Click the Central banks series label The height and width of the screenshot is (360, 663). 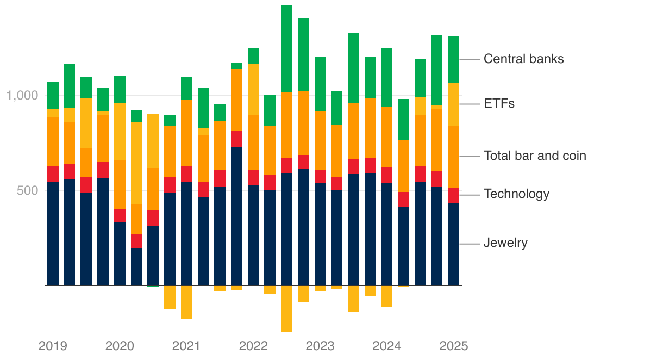point(523,59)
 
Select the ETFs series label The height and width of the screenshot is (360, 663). point(499,103)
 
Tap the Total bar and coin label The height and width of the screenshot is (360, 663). point(535,156)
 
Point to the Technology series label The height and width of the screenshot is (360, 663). point(516,194)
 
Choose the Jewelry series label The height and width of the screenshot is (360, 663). point(505,243)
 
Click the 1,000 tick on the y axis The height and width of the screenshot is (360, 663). point(22,96)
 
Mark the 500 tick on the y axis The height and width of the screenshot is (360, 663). point(28,190)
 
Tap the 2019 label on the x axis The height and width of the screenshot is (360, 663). point(53,346)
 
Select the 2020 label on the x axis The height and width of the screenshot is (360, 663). point(120,346)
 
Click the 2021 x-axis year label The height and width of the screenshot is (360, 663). point(186,346)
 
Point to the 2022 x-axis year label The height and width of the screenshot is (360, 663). point(253,346)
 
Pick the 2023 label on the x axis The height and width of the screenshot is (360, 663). point(320,346)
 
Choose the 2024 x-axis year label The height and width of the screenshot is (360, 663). point(387,346)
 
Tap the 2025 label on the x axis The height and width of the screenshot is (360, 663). point(454,346)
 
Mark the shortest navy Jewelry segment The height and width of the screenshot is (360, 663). point(136,266)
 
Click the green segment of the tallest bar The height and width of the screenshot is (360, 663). point(286,49)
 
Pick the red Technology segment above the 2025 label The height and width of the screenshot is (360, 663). point(454,195)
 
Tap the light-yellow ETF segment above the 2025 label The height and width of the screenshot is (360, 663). point(454,104)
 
